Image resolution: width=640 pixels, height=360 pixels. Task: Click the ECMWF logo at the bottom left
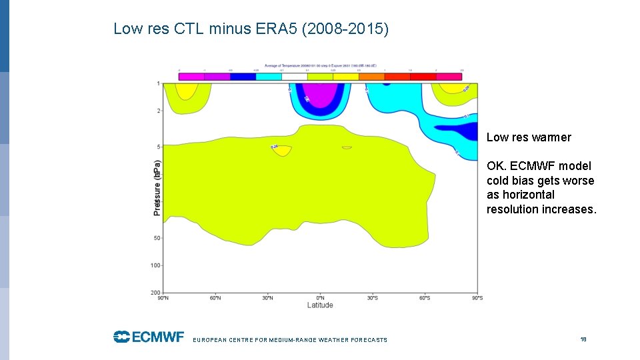coord(148,337)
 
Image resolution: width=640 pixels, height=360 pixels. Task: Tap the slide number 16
coord(583,339)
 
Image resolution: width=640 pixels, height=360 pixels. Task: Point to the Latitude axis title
coord(320,305)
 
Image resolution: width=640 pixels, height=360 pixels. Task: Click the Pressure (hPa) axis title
coord(157,187)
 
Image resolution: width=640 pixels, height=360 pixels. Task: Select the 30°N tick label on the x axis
coord(268,298)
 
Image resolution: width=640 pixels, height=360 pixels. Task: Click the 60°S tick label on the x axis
coord(425,298)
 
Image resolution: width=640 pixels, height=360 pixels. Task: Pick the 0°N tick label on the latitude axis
coord(320,298)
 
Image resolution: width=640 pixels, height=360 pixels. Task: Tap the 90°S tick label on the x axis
coord(477,298)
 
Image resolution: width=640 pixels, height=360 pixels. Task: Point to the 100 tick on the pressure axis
coord(155,265)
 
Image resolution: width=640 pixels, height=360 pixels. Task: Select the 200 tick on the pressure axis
coord(155,293)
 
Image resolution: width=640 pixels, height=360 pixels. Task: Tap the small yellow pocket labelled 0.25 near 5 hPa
coord(281,151)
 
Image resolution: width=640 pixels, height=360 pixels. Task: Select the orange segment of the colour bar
coord(371,77)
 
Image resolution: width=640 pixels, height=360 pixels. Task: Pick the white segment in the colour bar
coord(295,77)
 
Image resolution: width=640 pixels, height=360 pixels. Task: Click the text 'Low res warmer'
coord(529,137)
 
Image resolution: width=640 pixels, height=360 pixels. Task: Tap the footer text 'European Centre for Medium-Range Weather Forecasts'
coord(290,340)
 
